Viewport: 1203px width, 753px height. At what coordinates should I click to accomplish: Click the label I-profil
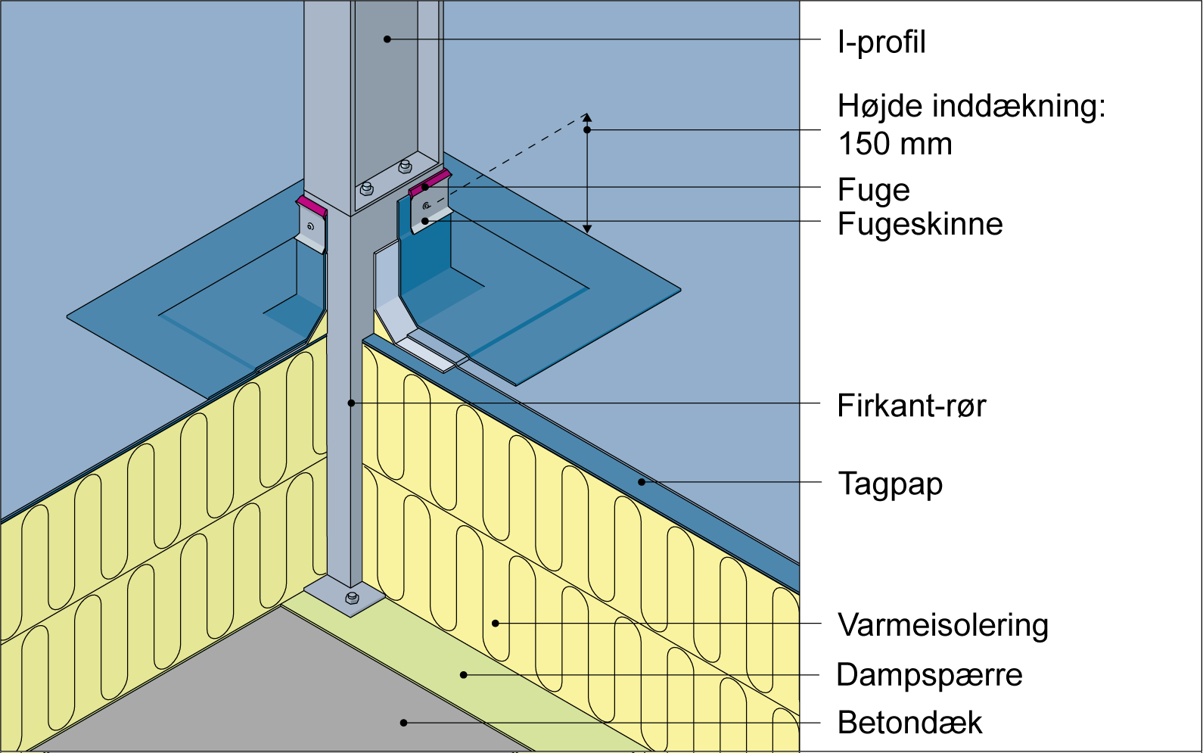(881, 42)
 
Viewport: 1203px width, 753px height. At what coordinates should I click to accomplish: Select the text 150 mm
(895, 144)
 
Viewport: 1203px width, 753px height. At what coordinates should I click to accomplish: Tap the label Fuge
(873, 190)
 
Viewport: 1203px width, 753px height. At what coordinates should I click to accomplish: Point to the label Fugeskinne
(920, 224)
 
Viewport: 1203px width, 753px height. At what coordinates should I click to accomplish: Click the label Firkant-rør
(911, 406)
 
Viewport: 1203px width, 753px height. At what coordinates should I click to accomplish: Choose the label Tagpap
(891, 484)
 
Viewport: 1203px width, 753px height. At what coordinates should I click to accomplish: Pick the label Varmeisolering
(943, 625)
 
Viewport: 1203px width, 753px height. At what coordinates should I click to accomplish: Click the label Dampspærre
(929, 674)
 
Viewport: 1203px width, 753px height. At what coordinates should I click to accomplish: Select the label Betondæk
(909, 723)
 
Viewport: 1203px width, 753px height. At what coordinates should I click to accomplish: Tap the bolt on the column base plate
(352, 599)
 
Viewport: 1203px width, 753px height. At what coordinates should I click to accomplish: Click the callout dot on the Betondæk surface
(404, 723)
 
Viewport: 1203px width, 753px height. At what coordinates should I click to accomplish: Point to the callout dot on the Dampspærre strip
(465, 674)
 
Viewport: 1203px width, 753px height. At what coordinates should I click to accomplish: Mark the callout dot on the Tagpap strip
(642, 481)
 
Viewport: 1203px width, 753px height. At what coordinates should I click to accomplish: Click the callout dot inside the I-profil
(387, 39)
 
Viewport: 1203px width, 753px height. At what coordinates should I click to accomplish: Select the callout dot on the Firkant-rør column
(351, 403)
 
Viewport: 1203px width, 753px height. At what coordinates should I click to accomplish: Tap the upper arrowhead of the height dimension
(587, 118)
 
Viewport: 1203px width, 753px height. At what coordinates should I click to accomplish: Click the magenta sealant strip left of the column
(311, 204)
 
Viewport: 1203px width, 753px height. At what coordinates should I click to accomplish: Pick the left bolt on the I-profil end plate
(367, 187)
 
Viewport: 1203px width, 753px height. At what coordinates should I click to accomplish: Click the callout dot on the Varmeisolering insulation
(496, 624)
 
